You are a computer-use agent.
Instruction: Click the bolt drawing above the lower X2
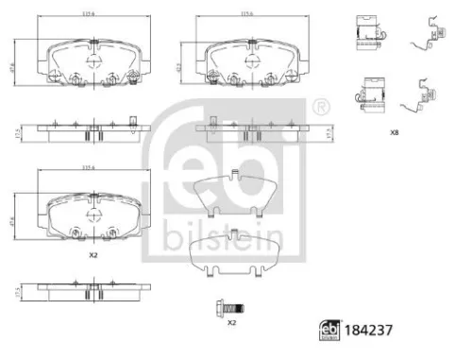click(232, 308)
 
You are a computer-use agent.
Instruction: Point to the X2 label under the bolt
click(230, 323)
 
